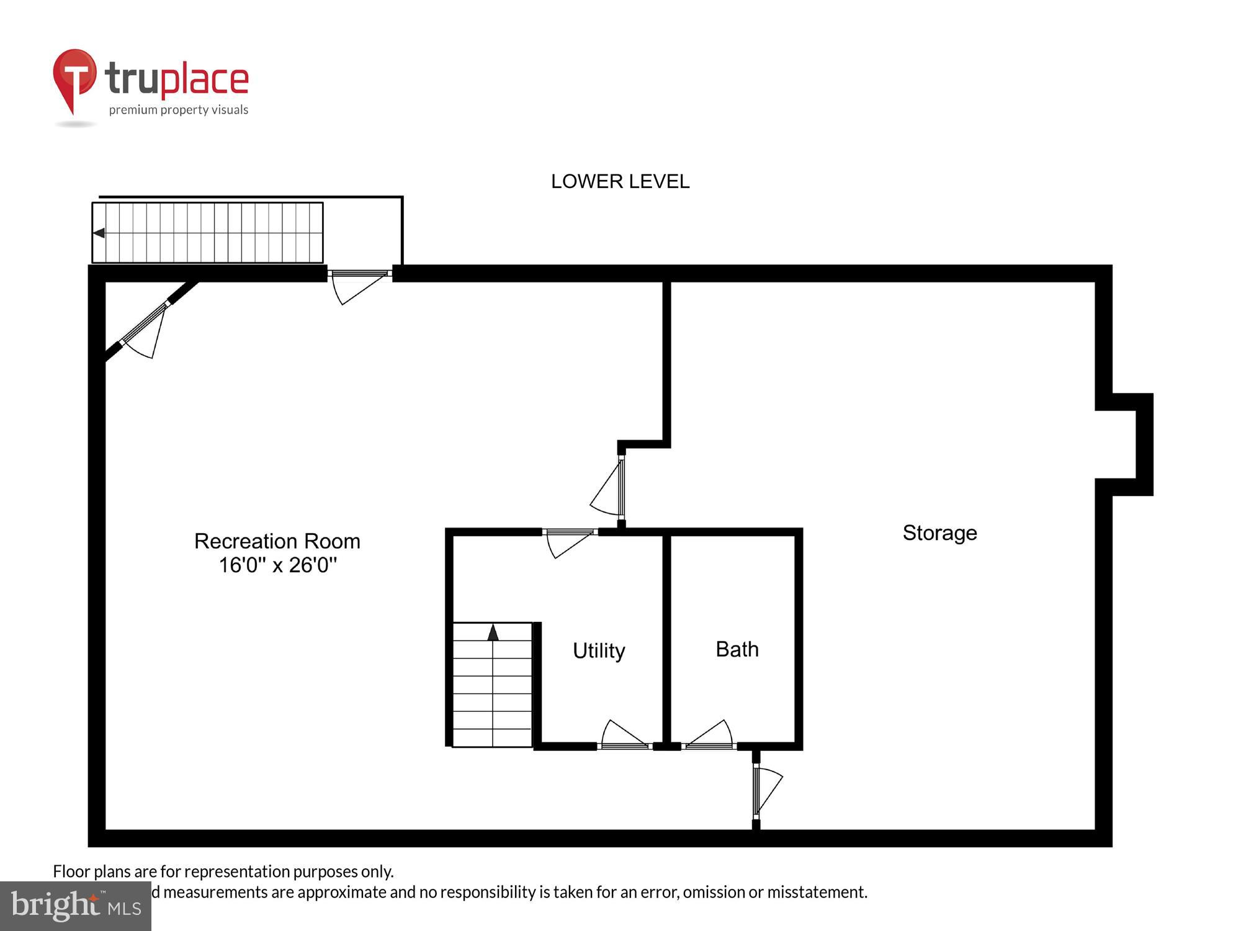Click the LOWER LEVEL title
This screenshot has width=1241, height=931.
pos(620,181)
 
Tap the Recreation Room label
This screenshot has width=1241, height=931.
pos(277,541)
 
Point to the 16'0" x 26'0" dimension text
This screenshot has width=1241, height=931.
pos(277,565)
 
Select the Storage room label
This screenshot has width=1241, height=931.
pos(939,533)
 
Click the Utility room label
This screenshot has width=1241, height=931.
pos(599,650)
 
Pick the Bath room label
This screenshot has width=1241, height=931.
pos(737,649)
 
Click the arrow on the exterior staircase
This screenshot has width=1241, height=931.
pos(99,233)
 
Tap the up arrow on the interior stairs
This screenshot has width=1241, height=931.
pos(493,632)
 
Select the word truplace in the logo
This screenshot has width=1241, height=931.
pos(177,79)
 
